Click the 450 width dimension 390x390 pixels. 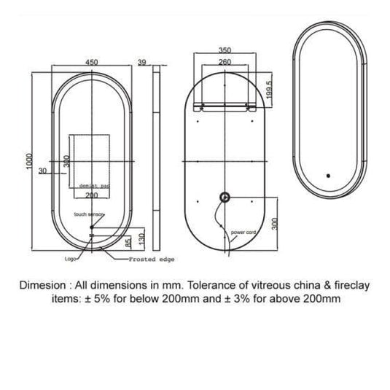pos(92,63)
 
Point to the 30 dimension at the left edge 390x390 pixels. pos(43,171)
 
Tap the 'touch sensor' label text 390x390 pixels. pos(90,214)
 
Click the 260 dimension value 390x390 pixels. pos(225,63)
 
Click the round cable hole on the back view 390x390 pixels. pos(225,197)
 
